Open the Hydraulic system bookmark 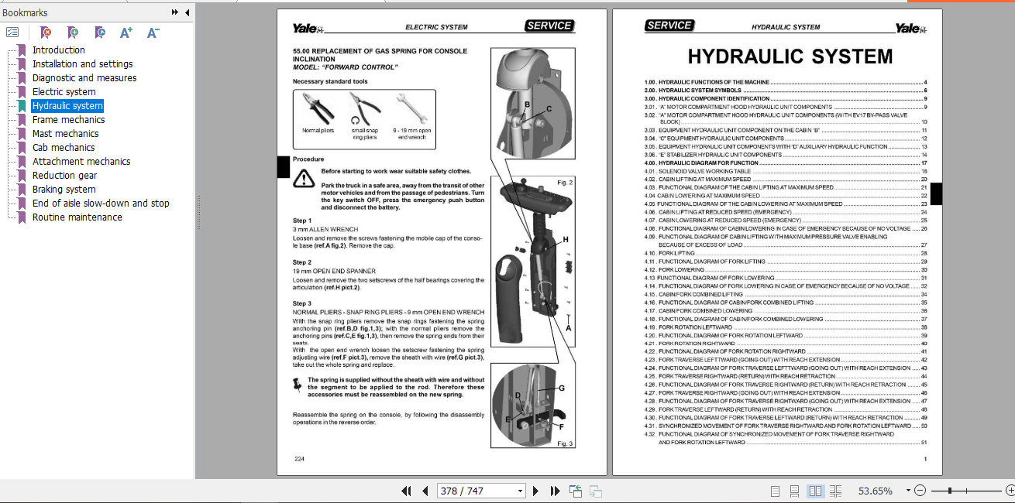[67, 106]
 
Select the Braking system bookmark [64, 190]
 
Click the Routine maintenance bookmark [77, 217]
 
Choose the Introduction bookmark [58, 50]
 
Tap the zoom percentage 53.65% [875, 491]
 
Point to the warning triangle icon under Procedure [303, 180]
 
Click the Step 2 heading [302, 262]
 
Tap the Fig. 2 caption [565, 183]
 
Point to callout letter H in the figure [566, 241]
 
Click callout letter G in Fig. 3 [561, 388]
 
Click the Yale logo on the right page [908, 28]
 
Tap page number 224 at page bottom [299, 460]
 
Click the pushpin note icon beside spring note [297, 385]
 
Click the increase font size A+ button [126, 33]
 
